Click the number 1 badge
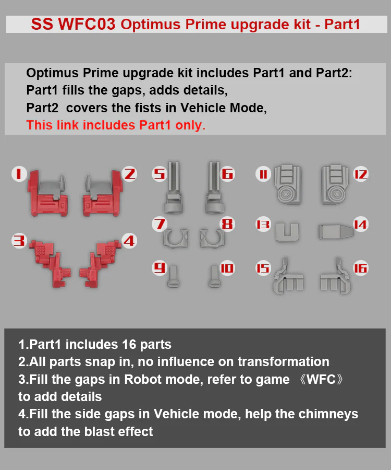19,174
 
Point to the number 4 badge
129,241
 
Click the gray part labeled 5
174,188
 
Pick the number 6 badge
227,174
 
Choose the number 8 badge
227,224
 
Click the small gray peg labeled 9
173,276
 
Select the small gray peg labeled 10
214,276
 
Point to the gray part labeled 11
288,184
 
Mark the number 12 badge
360,174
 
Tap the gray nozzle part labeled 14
335,232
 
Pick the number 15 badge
263,268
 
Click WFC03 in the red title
87,24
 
